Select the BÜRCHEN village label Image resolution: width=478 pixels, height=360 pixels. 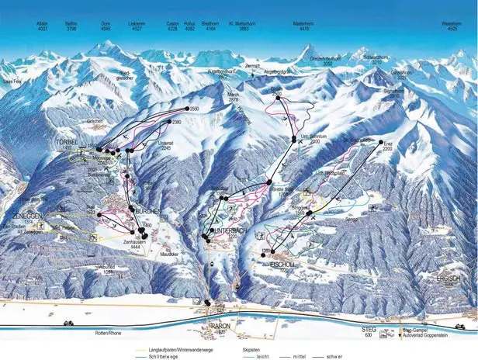click(148, 210)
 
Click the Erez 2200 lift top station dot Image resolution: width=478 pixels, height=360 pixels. click(382, 144)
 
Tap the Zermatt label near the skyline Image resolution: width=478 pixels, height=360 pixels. click(250, 67)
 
